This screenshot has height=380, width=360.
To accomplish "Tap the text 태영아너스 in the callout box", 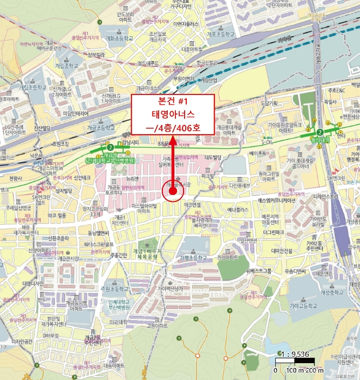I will pyautogui.click(x=174, y=114).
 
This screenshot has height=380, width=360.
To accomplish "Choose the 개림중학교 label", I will pyautogui.click(x=66, y=66).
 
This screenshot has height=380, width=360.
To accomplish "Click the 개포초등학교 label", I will pyautogui.click(x=223, y=34).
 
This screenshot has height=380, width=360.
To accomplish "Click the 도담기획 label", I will pyautogui.click(x=269, y=103).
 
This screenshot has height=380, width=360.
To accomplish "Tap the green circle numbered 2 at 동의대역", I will pyautogui.click(x=320, y=132).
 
